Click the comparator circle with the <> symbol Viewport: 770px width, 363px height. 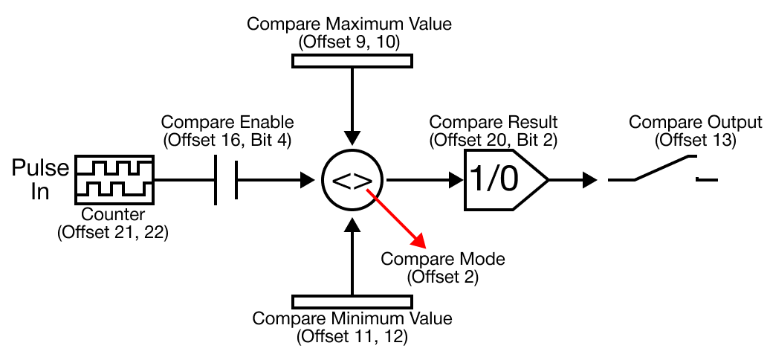click(x=354, y=180)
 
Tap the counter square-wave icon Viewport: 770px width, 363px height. click(x=114, y=179)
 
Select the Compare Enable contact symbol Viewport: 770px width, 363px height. click(x=226, y=180)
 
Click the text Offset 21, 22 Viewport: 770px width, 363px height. click(x=113, y=232)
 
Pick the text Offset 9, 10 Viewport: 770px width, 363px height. click(x=349, y=42)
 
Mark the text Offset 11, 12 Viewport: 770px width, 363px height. click(x=352, y=336)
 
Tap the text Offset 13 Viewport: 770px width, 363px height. click(x=696, y=138)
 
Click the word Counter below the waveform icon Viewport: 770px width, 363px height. click(x=114, y=215)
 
